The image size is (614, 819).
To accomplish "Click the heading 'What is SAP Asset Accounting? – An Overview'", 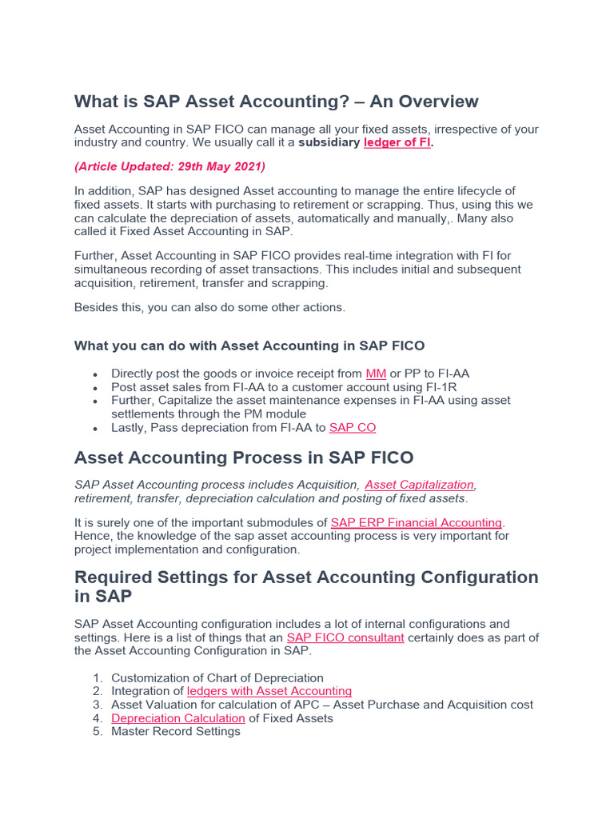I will coord(276,102).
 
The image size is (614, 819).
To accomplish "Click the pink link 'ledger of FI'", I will coord(397,143).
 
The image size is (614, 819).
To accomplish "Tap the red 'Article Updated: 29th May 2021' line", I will coord(169,167).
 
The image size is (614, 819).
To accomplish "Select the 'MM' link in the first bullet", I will coord(376,374).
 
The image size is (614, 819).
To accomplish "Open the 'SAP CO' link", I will coord(353,428).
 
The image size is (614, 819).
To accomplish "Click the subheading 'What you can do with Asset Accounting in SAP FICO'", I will coord(249,346).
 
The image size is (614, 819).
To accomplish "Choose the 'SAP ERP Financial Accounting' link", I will coord(417,522).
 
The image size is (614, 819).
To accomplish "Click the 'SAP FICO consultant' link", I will coord(345,637).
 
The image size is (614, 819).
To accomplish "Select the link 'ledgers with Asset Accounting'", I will coord(269,691).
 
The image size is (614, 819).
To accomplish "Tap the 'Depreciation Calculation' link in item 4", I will coord(178,718).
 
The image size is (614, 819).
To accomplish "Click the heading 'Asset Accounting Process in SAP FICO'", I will coord(244,458).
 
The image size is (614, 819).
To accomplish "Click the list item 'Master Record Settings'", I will coord(176,732).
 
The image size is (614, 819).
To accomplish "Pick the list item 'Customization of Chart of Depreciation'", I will coord(217,677).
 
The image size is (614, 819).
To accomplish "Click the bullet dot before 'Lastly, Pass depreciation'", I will coord(96,429).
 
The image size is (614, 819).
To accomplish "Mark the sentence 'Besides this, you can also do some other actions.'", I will coord(210,308).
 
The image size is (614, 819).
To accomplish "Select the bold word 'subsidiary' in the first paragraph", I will coord(329,143).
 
